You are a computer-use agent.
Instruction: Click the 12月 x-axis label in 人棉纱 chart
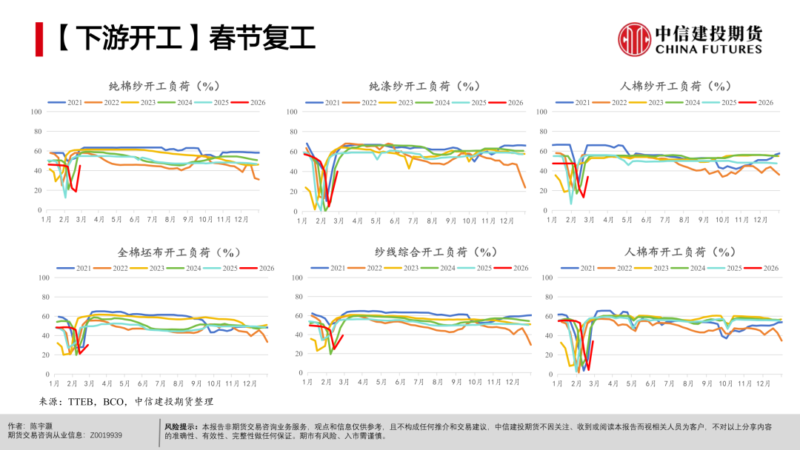coord(759,219)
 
